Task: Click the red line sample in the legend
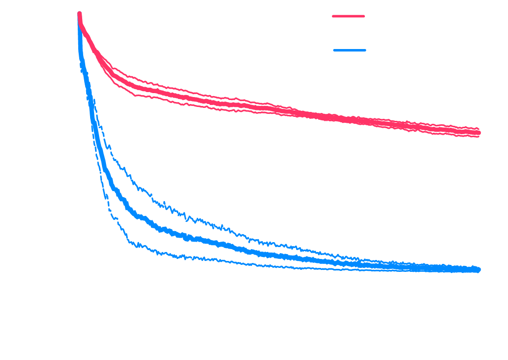pyautogui.click(x=348, y=16)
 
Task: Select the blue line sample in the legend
pyautogui.click(x=350, y=50)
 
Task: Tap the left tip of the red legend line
pyautogui.click(x=333, y=16)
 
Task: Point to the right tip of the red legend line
pyautogui.click(x=364, y=16)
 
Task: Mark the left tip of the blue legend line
pyautogui.click(x=334, y=50)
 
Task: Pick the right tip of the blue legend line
pyautogui.click(x=365, y=50)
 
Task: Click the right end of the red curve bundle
pyautogui.click(x=479, y=132)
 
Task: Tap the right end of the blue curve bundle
pyautogui.click(x=479, y=270)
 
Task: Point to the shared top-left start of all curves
pyautogui.click(x=79, y=14)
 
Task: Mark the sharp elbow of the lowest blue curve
pyautogui.click(x=130, y=242)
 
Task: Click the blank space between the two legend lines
pyautogui.click(x=349, y=33)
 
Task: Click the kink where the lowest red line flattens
pyautogui.click(x=135, y=95)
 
